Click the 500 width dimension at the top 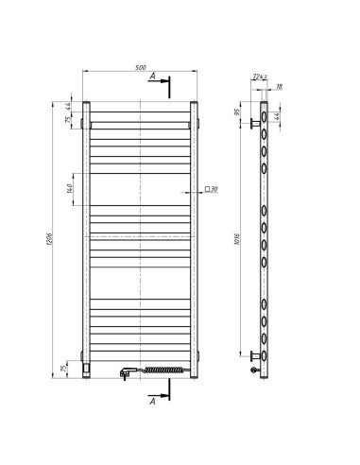pos(141,67)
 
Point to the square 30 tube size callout pos(211,189)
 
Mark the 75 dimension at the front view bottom pos(65,368)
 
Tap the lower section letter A pos(152,403)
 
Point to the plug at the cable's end pos(125,374)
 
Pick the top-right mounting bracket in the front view pos(194,124)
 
